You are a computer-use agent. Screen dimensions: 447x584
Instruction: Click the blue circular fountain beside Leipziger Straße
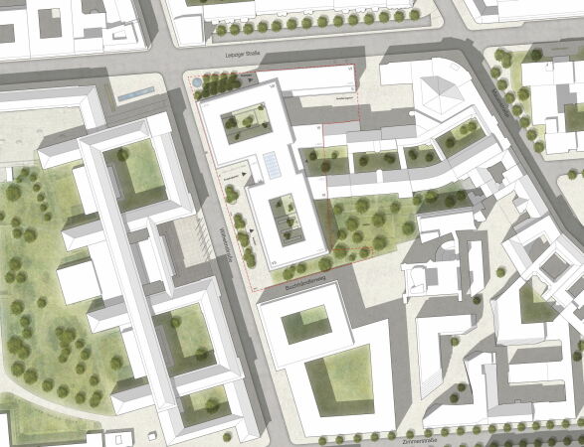click(x=198, y=77)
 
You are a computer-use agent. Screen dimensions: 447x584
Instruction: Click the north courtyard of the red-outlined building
click(x=245, y=124)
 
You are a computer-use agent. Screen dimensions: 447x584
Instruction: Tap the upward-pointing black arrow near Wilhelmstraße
click(x=253, y=231)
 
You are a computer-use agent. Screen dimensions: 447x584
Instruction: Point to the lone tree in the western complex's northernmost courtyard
click(x=122, y=156)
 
